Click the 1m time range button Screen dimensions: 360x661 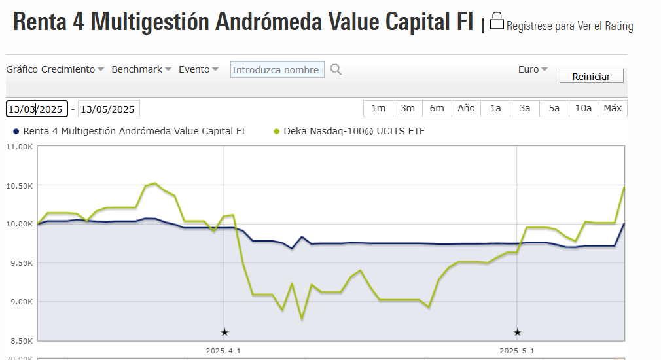(x=378, y=108)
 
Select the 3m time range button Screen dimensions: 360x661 (x=408, y=108)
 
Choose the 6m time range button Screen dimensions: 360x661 (x=437, y=108)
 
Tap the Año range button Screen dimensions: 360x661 (x=466, y=108)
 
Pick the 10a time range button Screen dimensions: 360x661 (x=584, y=108)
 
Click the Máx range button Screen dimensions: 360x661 (x=613, y=108)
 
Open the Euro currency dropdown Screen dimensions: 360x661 (x=533, y=69)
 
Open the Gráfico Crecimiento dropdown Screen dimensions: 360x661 (x=55, y=69)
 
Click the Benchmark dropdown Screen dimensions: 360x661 (x=141, y=69)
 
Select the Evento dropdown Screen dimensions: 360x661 (x=198, y=69)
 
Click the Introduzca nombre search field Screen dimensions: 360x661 (x=277, y=70)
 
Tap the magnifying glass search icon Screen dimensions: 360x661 (x=336, y=69)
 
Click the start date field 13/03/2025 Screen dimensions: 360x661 (x=37, y=109)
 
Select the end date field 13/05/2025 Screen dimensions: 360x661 (x=109, y=109)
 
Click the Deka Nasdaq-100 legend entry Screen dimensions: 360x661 (x=353, y=131)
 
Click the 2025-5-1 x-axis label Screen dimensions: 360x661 (x=517, y=351)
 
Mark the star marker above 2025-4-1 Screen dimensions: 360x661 (x=224, y=333)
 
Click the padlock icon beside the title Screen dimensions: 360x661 (x=497, y=22)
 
